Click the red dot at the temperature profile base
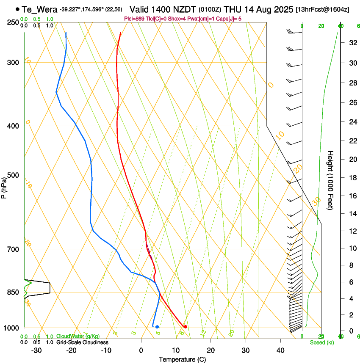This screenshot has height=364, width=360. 185,327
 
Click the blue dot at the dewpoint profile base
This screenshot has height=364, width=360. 157,327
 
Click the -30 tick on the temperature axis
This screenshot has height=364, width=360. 36,350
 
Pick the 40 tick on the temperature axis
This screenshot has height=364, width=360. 280,350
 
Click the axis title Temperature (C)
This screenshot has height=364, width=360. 183,360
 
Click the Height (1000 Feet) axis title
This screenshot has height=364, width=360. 330,180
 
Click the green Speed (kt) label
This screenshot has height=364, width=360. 321,342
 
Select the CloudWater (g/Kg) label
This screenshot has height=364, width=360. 75,336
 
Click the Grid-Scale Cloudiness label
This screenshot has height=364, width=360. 82,342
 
